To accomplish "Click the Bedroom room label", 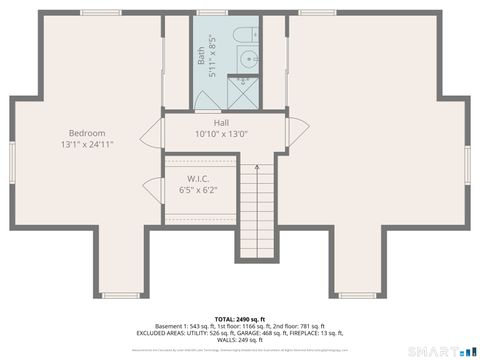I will [x=87, y=133].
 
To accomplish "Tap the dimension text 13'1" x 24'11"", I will [x=87, y=145].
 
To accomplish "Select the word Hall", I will [x=221, y=122].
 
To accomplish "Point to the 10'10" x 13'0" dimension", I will [x=221, y=134].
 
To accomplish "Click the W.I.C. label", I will [x=197, y=178].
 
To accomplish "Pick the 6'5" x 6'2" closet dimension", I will [x=197, y=189].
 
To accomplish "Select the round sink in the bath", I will [x=248, y=59].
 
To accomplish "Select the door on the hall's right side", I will [x=289, y=131].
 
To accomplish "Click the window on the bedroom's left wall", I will [x=11, y=160].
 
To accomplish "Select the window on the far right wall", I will [x=467, y=160].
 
